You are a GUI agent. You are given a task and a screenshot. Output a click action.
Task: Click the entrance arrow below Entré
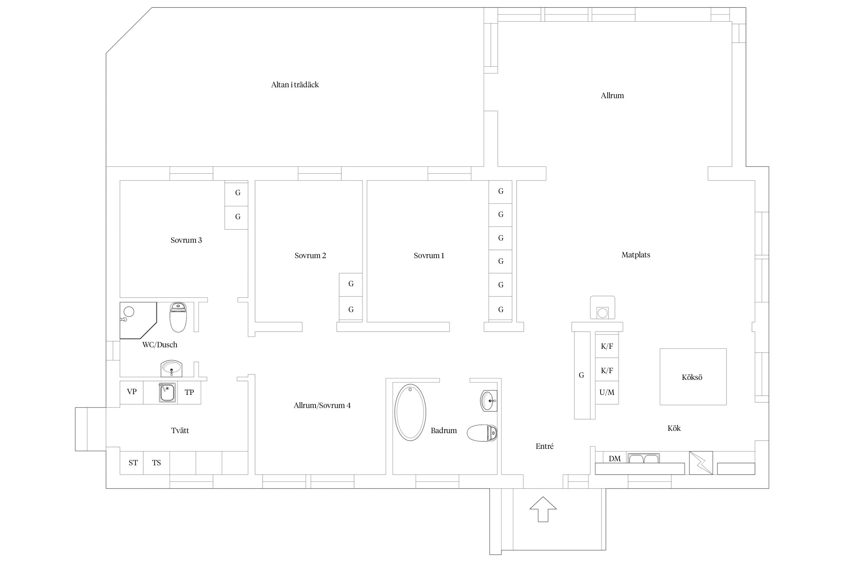coord(543,509)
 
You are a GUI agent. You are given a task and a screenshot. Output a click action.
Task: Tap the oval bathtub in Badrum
coord(410,412)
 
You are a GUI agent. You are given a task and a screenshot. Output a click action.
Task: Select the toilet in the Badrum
coord(482,433)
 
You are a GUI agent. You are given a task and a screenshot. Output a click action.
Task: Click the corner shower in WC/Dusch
coord(138,320)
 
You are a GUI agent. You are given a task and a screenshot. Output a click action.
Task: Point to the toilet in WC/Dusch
coord(178,317)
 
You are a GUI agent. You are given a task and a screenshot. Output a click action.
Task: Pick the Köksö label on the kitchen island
coord(692,377)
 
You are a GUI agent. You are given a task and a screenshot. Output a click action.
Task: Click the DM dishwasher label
coord(614,459)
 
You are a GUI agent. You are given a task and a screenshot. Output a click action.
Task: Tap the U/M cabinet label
coord(607,392)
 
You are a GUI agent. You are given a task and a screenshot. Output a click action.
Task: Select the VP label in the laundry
coord(132,392)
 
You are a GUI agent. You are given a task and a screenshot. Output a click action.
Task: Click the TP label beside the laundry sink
coord(189,392)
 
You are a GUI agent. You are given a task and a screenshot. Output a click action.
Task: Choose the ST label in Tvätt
coord(133,463)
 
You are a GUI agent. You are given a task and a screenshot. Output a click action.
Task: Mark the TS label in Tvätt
coord(156,463)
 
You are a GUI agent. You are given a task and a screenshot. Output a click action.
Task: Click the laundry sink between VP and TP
coord(167,393)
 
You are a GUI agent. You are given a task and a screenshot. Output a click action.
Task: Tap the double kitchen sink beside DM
coord(643,458)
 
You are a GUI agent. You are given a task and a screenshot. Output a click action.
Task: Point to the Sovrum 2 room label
coord(310,256)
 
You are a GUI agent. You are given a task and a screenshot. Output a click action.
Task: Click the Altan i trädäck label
coord(295,85)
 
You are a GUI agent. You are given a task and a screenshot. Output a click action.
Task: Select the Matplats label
coord(636,255)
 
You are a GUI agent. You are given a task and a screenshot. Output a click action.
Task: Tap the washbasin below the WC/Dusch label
coord(171,369)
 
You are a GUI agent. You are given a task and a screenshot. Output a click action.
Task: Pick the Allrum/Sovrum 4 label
coord(322,405)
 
